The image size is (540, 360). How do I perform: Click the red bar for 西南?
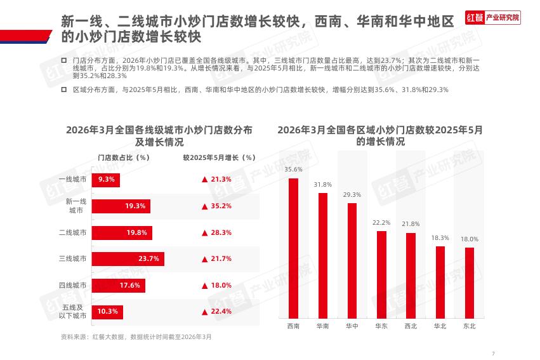(293, 248)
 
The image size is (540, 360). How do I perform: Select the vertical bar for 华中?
(352, 260)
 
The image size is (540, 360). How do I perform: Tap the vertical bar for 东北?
(470, 283)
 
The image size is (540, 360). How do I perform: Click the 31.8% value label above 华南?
(322, 185)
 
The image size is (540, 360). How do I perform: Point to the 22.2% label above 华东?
(381, 223)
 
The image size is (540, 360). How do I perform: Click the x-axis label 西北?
(411, 326)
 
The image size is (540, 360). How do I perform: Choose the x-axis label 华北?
(440, 326)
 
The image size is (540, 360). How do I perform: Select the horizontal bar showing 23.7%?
(128, 259)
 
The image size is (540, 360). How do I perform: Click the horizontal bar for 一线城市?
(105, 180)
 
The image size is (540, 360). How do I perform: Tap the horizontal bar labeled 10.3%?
(107, 312)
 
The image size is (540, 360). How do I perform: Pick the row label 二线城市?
(72, 233)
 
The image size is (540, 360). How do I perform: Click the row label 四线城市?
(72, 286)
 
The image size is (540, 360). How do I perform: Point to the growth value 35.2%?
(221, 206)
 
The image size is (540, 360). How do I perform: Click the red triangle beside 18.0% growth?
(205, 286)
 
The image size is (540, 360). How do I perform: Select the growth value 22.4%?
(221, 312)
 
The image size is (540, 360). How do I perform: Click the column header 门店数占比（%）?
(123, 157)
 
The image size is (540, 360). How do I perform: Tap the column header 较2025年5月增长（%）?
(219, 157)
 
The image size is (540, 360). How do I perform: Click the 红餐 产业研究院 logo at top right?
(492, 18)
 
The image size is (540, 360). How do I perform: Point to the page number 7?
(493, 353)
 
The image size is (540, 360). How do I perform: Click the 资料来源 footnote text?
(136, 337)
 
